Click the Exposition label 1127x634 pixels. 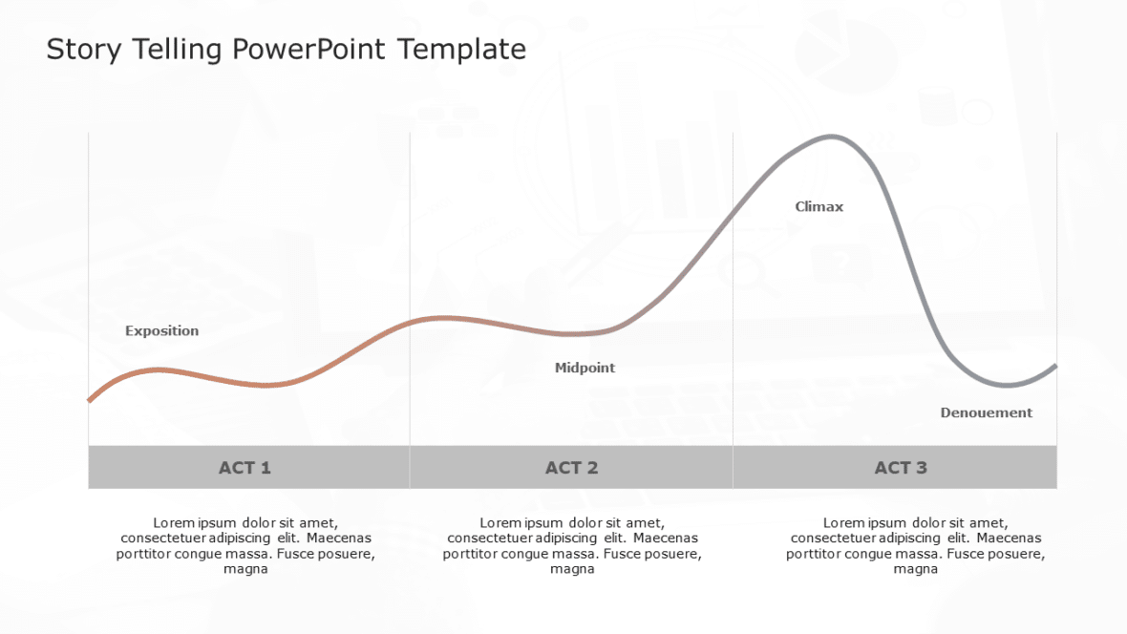point(162,331)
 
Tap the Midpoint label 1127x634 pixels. point(585,368)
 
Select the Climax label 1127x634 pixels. point(819,206)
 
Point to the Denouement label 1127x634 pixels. point(987,412)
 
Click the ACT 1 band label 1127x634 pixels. point(245,468)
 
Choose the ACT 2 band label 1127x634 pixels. point(571,468)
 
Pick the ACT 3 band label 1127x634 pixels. point(901,468)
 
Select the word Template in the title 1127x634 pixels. point(461,50)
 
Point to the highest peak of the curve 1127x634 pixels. point(833,137)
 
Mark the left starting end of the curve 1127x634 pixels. point(89,400)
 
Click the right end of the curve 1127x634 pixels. point(1055,365)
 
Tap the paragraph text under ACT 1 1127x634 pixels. point(245,545)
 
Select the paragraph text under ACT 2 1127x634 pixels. point(572,545)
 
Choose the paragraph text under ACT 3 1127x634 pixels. point(915,545)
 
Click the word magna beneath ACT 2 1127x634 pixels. point(572,569)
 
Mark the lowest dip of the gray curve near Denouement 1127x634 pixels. point(1007,386)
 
